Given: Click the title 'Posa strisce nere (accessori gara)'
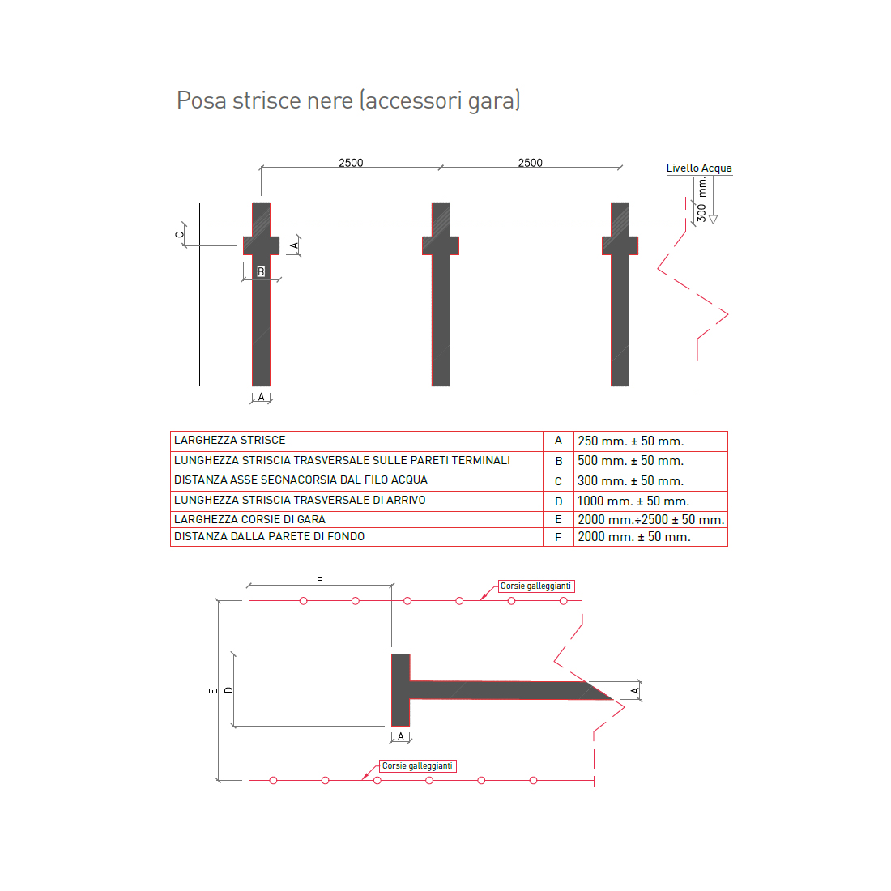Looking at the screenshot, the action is click(x=348, y=100).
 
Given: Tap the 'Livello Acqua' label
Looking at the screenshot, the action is click(x=699, y=168).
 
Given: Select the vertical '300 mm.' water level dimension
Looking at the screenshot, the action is click(x=701, y=199).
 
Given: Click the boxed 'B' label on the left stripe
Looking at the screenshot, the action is click(x=261, y=271).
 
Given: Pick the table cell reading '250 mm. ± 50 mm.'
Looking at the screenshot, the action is click(x=631, y=441).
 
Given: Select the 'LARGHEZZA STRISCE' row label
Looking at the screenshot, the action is click(x=229, y=441).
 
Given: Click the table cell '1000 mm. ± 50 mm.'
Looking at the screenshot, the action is click(x=633, y=501).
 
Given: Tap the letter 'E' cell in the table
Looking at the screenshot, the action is click(x=558, y=519).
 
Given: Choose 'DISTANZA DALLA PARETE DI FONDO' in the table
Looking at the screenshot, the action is click(x=270, y=536).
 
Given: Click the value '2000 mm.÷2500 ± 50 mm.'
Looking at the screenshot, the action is click(x=651, y=519).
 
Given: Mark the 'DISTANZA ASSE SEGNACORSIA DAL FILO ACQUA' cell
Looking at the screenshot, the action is click(x=301, y=480).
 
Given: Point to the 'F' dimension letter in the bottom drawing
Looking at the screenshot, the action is click(x=319, y=580).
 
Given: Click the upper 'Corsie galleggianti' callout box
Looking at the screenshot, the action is click(x=536, y=586).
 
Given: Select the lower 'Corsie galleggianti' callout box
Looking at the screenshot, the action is click(x=418, y=766).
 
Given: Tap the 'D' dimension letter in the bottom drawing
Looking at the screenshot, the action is click(x=228, y=690).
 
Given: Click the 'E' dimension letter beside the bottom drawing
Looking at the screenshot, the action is click(x=213, y=691).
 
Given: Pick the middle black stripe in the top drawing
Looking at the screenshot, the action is click(x=441, y=294).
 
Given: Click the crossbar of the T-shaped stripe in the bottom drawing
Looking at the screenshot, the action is click(x=401, y=690).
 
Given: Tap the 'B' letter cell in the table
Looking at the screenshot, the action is click(x=559, y=461).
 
